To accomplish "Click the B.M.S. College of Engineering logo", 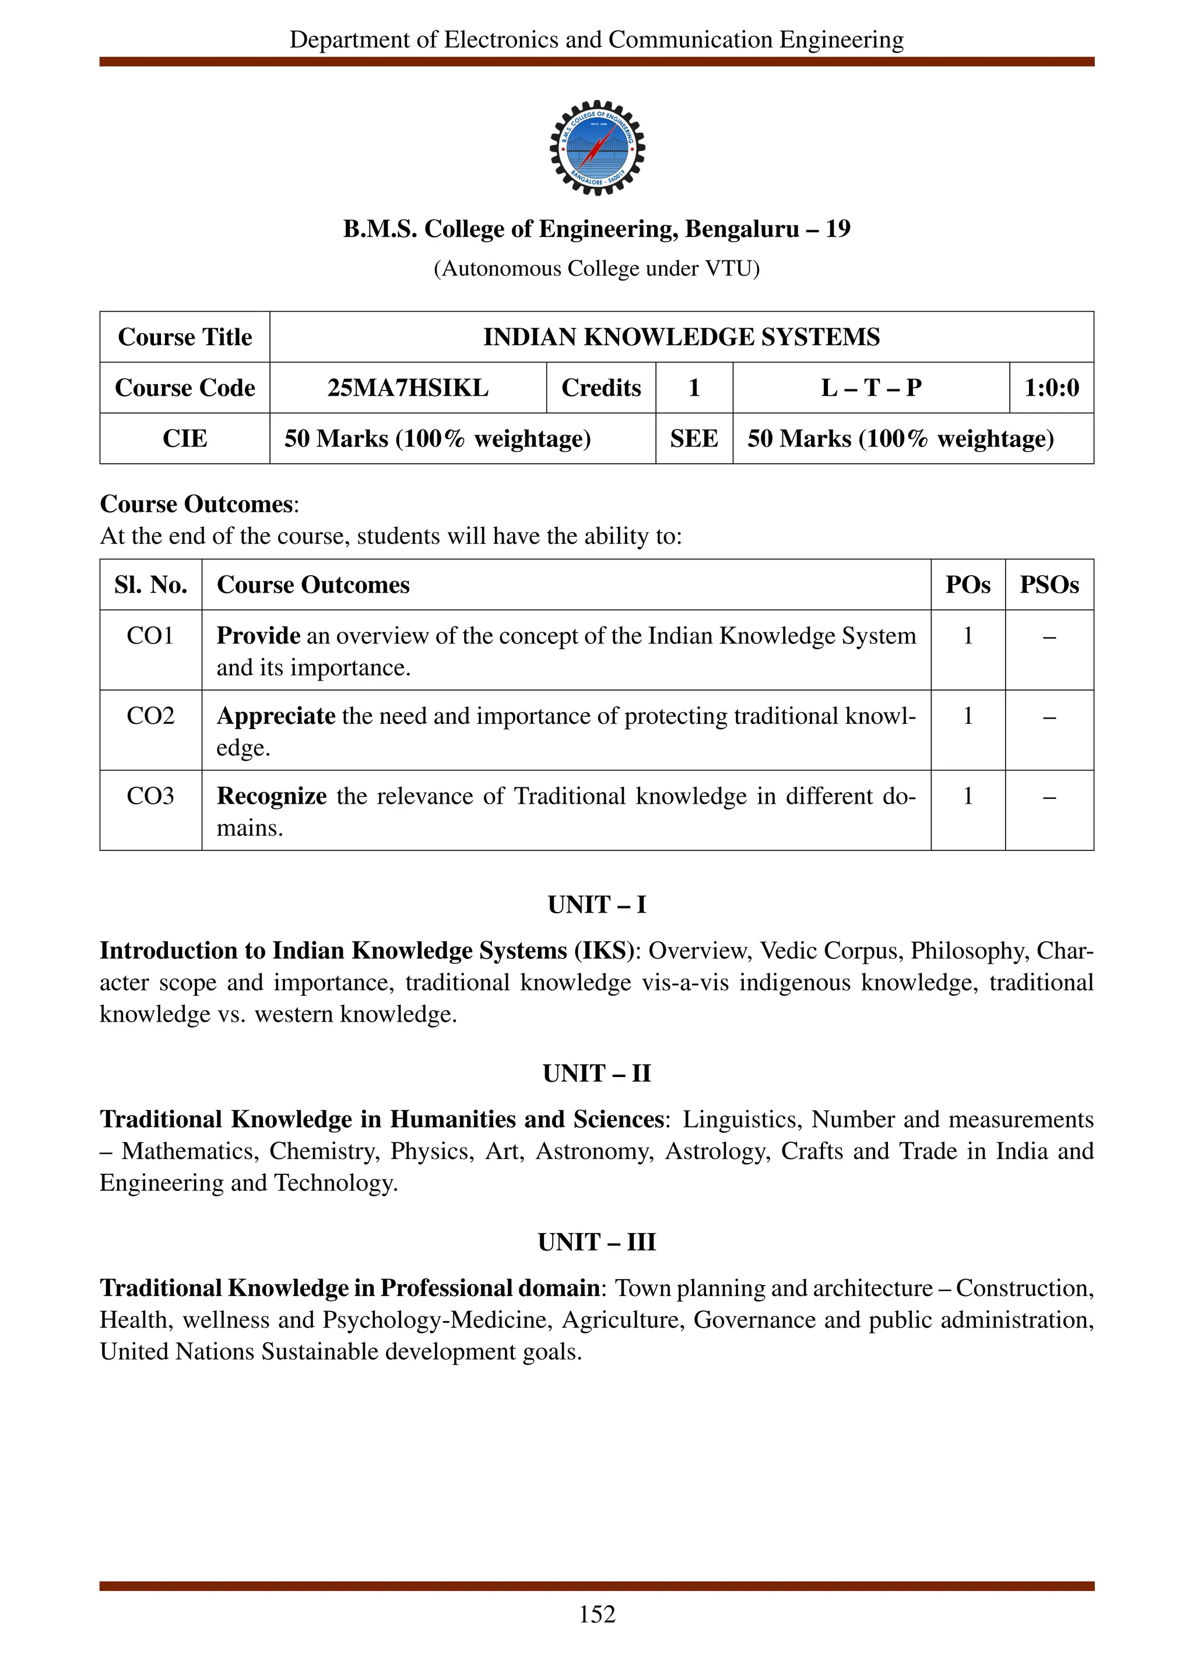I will point(596,147).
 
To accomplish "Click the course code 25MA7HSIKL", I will point(408,388).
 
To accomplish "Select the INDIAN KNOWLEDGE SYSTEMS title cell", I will point(681,337).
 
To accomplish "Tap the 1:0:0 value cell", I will point(1051,388).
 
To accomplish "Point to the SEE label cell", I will point(693,439).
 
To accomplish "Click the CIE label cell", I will point(184,439).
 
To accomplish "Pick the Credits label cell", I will point(600,388).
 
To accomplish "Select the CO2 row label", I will point(150,716).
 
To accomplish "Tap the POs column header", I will point(967,585).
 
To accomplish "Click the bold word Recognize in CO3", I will point(271,796).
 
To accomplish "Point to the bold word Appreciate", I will point(276,716).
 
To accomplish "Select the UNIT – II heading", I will point(596,1073).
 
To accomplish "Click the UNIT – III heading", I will point(596,1242).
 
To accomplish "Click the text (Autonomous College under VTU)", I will point(596,269).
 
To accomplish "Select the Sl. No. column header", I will point(150,585).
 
